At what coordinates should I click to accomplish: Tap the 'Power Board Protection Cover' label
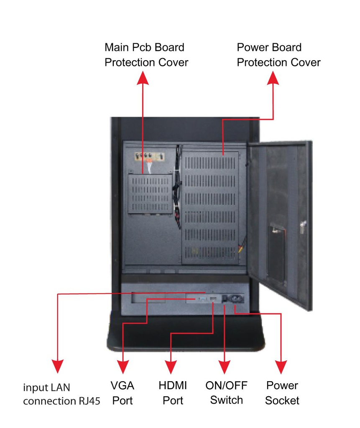(x=278, y=55)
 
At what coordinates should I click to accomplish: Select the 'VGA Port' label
(x=122, y=392)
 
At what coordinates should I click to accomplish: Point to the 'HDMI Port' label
(x=173, y=392)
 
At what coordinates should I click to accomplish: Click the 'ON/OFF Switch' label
(x=226, y=392)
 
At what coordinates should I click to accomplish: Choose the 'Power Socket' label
(x=282, y=392)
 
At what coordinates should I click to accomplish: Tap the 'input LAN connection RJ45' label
(x=61, y=394)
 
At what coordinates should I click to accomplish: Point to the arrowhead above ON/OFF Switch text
(x=225, y=367)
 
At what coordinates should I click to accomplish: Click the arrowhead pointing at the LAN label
(x=57, y=366)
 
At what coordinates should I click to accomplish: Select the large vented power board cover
(x=210, y=208)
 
